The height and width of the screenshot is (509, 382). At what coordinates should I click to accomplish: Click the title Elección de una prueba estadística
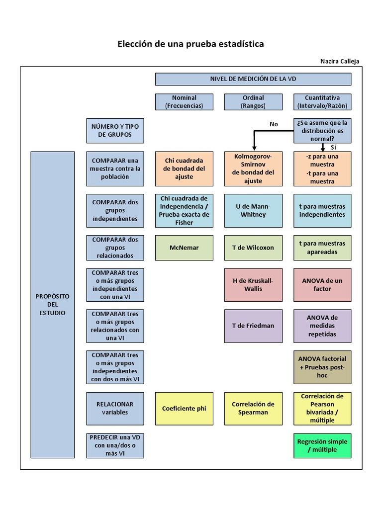click(191, 44)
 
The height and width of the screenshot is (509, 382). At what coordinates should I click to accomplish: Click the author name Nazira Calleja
click(340, 61)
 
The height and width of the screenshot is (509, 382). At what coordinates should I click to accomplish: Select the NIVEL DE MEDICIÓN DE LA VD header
click(253, 79)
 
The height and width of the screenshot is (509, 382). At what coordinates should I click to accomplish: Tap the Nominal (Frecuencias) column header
click(184, 102)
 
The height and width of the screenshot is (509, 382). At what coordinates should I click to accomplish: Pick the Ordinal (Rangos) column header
click(253, 102)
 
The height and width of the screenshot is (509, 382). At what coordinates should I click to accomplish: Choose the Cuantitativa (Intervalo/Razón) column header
click(322, 102)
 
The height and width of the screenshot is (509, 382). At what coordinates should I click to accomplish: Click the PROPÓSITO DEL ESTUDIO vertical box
click(53, 304)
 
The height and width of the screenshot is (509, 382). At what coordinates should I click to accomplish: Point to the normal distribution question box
click(322, 131)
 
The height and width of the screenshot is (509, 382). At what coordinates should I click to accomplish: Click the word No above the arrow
click(274, 124)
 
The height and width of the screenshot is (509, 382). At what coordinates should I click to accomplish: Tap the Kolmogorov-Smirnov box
click(253, 169)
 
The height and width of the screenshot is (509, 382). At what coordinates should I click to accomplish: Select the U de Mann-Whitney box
click(253, 210)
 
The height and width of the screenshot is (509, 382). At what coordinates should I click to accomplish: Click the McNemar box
click(184, 248)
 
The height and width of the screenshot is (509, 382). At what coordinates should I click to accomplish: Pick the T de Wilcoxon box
click(253, 248)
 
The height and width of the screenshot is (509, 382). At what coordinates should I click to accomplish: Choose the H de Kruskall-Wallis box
click(253, 285)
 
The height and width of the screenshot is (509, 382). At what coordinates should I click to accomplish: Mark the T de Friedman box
click(253, 326)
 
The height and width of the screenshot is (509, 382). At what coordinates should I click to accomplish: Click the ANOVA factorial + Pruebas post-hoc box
click(322, 367)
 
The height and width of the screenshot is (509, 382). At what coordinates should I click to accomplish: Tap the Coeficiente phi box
click(184, 409)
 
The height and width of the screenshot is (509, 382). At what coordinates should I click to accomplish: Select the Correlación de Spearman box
click(253, 409)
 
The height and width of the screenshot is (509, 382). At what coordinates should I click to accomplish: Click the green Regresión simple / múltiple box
click(322, 445)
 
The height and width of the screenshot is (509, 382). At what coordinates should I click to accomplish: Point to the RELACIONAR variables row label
click(115, 408)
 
